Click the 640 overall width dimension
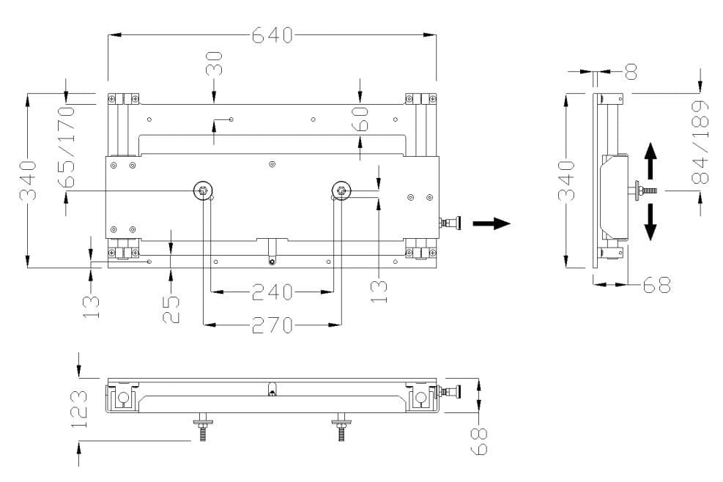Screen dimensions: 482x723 272,34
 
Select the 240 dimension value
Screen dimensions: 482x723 272,292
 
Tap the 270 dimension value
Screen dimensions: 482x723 272,325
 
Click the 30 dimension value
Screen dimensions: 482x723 214,64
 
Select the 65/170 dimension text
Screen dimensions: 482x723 67,147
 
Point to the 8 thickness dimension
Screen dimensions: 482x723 631,71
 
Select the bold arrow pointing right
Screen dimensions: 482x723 490,223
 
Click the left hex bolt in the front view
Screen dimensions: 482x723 201,191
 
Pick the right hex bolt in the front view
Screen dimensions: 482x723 340,191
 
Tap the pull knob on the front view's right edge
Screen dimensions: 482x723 451,223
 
